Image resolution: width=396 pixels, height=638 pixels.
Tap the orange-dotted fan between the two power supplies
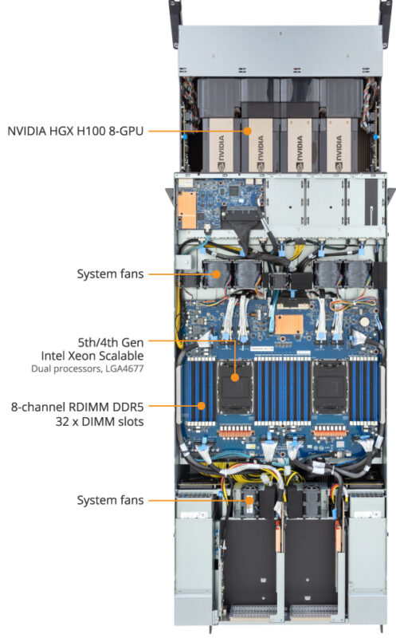pyautogui.click(x=249, y=500)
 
